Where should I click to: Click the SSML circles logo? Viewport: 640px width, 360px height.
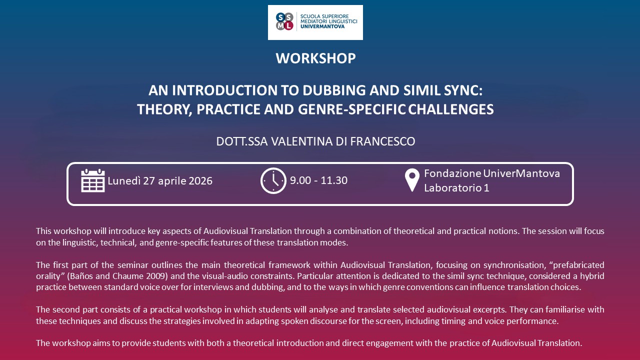pos(284,21)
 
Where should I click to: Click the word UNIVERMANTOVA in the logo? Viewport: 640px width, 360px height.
pos(322,26)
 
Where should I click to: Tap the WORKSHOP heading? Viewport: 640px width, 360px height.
pos(315,58)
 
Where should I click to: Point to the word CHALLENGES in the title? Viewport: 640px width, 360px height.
pos(451,109)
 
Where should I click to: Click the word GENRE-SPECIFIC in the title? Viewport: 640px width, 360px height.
pos(351,109)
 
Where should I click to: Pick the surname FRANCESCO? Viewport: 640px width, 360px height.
pos(382,141)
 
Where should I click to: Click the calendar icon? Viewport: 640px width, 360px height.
pos(93,180)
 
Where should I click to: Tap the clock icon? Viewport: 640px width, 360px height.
pos(273,180)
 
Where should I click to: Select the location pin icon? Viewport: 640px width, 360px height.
pos(412,180)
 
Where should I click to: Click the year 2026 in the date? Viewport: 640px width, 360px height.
pos(200,181)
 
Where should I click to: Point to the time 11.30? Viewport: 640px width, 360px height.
pos(334,180)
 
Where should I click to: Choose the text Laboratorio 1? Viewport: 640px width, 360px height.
pos(456,187)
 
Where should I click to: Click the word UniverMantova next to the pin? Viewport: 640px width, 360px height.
pos(521,173)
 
